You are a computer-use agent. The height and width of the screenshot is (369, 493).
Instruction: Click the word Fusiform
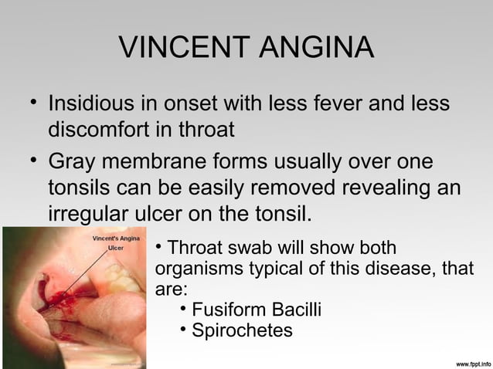click(x=225, y=310)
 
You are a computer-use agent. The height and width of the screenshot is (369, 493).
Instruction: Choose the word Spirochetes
click(x=242, y=330)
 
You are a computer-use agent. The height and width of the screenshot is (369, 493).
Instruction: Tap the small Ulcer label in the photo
click(x=115, y=249)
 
